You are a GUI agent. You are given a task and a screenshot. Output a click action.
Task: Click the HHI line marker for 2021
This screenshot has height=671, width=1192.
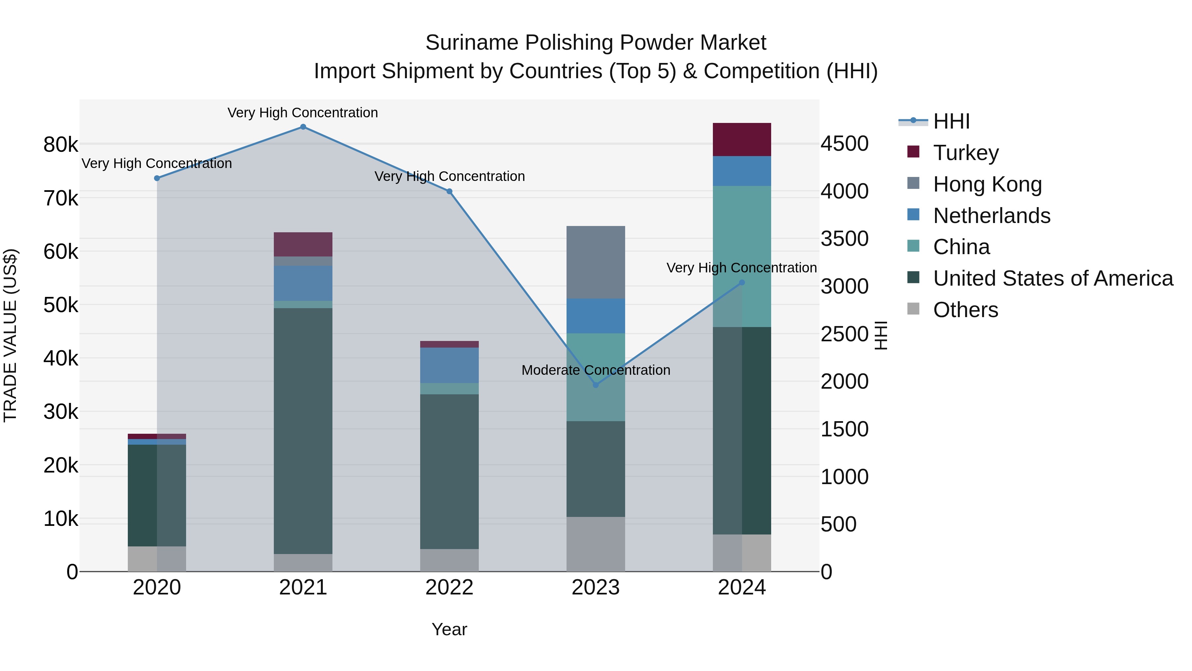click(x=303, y=127)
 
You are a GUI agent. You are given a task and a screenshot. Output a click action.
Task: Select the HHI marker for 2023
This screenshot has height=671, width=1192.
click(x=596, y=385)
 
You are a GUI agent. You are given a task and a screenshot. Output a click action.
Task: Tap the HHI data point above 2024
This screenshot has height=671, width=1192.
click(x=742, y=282)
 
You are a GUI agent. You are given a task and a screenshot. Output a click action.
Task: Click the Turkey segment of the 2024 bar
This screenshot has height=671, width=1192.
click(x=742, y=140)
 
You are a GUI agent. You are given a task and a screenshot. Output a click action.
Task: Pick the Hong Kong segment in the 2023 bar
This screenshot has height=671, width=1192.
click(x=596, y=262)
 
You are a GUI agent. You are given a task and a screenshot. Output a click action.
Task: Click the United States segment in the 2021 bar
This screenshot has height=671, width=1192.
click(x=303, y=431)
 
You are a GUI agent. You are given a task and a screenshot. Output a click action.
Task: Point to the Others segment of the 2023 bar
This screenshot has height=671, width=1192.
click(x=596, y=544)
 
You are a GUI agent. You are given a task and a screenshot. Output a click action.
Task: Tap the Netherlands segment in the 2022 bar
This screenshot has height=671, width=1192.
click(x=449, y=365)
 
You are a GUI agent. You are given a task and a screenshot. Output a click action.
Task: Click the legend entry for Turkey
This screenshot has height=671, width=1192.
click(x=966, y=153)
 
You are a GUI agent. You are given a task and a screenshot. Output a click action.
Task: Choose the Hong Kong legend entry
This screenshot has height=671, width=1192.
click(x=987, y=184)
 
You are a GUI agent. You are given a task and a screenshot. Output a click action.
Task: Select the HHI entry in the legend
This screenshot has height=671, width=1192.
click(x=951, y=121)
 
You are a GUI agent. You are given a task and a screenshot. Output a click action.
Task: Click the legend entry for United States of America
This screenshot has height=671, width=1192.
click(x=1053, y=278)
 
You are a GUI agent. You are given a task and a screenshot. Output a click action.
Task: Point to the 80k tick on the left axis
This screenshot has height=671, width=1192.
click(x=61, y=145)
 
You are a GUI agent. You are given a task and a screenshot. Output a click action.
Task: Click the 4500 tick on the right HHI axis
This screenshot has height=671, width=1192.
click(x=844, y=143)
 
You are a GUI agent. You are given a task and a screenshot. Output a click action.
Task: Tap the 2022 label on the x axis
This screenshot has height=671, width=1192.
click(x=449, y=587)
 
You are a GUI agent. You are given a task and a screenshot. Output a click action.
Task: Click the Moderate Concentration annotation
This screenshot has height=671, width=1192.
click(x=596, y=370)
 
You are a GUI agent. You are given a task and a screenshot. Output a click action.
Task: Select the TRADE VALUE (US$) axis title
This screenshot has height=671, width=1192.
click(x=10, y=335)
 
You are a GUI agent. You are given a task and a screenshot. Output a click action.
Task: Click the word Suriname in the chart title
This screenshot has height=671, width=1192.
click(x=472, y=43)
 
